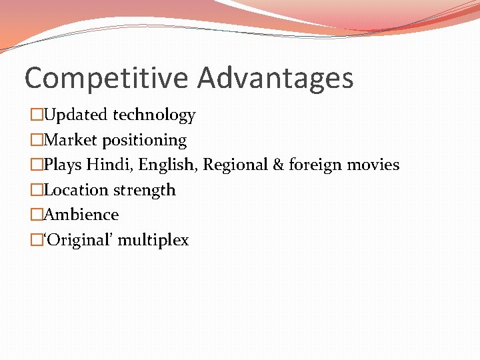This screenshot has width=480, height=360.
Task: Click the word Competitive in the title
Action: [x=107, y=78]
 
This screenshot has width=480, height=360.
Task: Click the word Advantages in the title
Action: [x=275, y=78]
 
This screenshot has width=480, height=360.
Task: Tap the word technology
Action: [x=154, y=115]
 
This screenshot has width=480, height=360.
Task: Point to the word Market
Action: [x=71, y=140]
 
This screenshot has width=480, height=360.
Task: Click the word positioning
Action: [x=145, y=141]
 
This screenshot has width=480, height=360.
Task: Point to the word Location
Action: [x=76, y=190]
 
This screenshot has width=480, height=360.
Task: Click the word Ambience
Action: [x=81, y=215]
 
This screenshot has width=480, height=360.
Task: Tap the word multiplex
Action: [x=153, y=241]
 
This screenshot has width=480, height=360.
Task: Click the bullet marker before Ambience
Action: [x=36, y=215]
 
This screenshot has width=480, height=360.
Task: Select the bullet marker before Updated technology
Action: [x=36, y=115]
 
